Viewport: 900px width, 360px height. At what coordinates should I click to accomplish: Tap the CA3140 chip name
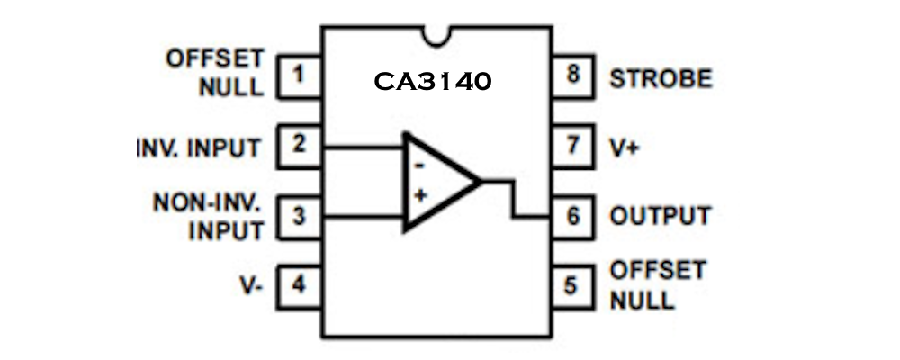[433, 82]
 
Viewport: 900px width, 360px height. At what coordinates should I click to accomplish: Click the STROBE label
[661, 78]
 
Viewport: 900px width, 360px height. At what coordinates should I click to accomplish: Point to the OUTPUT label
[660, 216]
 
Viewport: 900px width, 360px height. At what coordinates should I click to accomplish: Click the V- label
[251, 286]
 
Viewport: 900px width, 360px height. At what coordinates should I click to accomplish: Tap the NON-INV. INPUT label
[209, 216]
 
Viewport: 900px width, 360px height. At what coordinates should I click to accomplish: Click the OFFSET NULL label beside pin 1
[216, 73]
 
